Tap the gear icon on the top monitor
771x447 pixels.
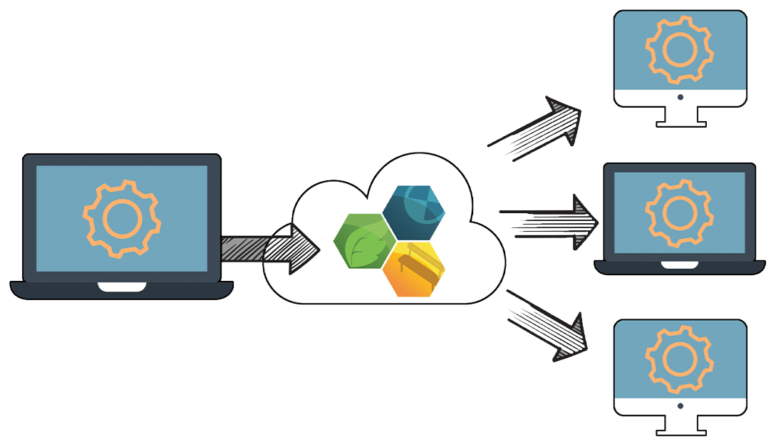coord(679,48)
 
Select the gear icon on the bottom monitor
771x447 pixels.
coord(679,356)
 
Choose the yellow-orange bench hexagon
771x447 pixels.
coord(414,269)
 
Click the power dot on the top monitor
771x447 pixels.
coord(680,98)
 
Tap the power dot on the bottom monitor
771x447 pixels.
coord(680,406)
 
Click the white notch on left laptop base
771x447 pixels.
coord(122,287)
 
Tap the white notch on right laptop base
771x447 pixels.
coord(679,264)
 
